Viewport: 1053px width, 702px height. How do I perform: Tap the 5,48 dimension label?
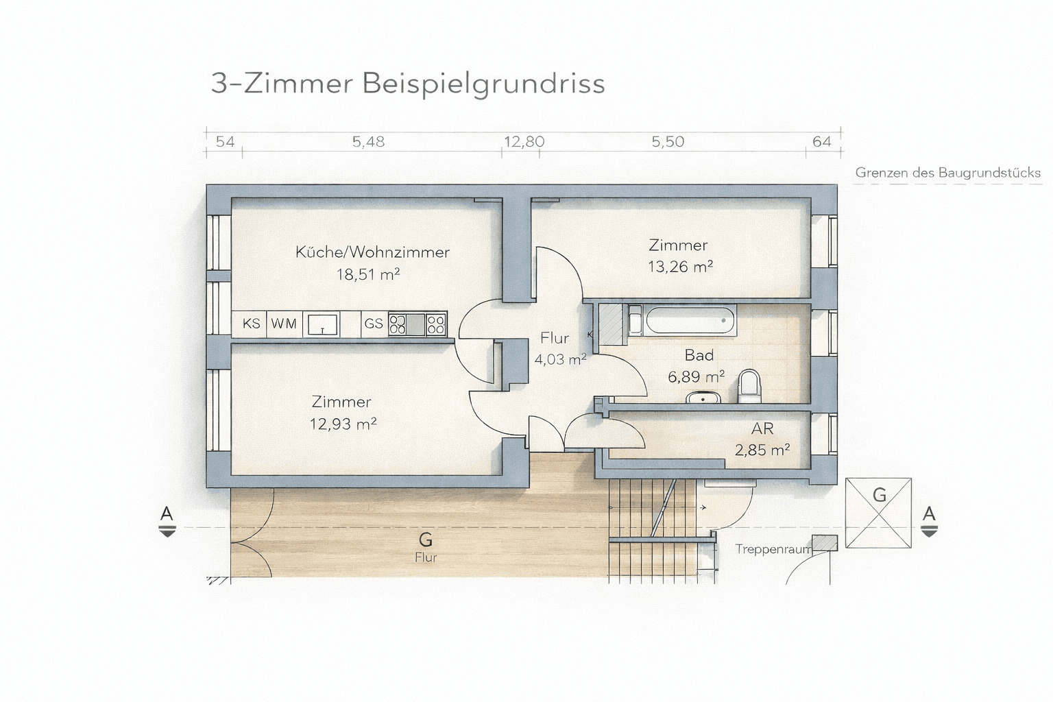pos(368,142)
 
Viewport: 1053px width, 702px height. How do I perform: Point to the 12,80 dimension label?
pos(524,142)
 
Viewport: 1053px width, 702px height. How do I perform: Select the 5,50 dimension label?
pos(667,142)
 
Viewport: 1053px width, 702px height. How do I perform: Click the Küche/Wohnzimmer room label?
pos(372,252)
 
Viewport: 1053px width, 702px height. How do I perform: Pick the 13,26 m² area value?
pos(680,267)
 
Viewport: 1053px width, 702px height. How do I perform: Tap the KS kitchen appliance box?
pos(251,324)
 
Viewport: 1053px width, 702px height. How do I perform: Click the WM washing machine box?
pos(283,324)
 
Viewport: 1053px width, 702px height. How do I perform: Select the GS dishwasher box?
pos(374,324)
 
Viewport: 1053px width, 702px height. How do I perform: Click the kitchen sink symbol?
pos(323,324)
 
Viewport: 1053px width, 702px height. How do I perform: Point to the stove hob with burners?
pos(417,324)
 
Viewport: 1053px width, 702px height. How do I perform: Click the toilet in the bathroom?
pos(750,387)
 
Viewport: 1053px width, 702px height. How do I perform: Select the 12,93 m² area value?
pos(343,424)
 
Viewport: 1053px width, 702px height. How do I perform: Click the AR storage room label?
pos(762,429)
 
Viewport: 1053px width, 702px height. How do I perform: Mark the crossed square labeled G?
pos(878,513)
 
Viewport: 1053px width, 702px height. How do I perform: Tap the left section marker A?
pos(167,520)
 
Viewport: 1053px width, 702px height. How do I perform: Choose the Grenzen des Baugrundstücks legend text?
pos(947,173)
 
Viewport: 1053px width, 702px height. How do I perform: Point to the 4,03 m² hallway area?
pos(560,359)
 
